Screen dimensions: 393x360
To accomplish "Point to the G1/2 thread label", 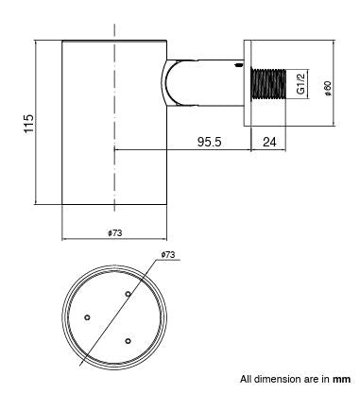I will click(x=300, y=85).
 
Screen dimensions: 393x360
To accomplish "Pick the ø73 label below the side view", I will click(x=116, y=232).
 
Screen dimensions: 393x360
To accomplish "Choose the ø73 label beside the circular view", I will click(x=170, y=255).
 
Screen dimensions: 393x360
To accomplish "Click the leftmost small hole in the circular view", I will click(x=87, y=316).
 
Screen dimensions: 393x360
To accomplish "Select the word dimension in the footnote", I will click(x=277, y=379).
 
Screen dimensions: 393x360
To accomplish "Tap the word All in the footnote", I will click(x=246, y=379).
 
